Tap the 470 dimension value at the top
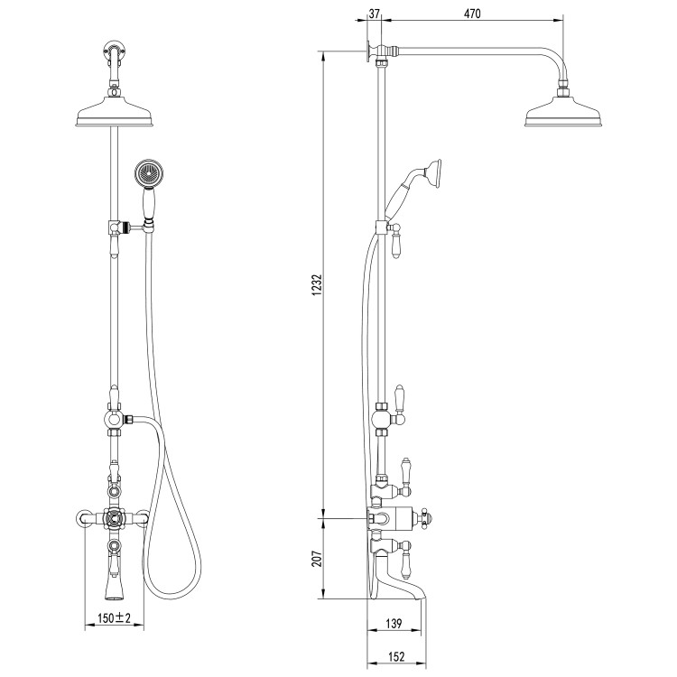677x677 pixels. [x=473, y=14]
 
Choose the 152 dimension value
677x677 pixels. [x=394, y=657]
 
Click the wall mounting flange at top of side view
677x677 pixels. [x=370, y=52]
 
